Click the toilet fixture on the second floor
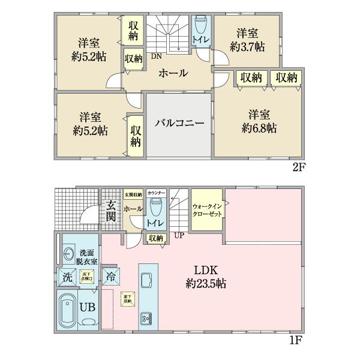[x=199, y=28]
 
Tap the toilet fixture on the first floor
[x=155, y=208]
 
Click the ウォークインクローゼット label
[x=207, y=210]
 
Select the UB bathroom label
[x=88, y=307]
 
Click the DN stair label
[x=155, y=58]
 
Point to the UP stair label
[x=179, y=235]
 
